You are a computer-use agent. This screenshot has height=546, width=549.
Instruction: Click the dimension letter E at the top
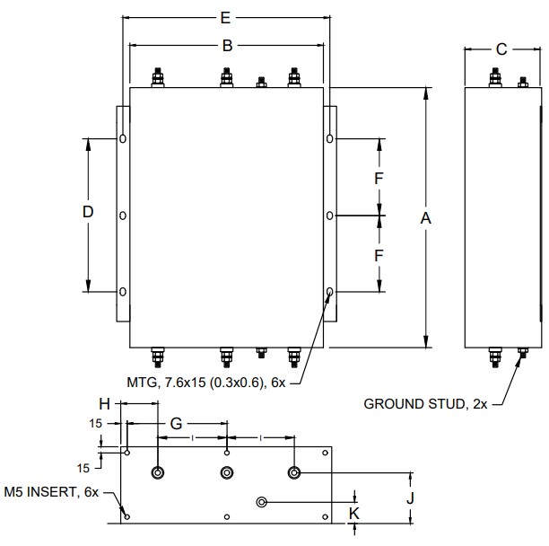[226, 17]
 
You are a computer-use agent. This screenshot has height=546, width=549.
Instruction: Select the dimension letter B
[227, 45]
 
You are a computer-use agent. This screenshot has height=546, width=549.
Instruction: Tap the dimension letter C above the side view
[501, 48]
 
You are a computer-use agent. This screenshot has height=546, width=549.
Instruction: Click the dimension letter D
[88, 212]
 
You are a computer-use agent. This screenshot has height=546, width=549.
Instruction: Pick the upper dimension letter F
[379, 178]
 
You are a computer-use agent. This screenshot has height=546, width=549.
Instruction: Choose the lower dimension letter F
[379, 255]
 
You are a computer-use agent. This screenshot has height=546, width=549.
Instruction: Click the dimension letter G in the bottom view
[176, 421]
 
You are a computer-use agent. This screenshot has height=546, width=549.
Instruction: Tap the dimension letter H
[105, 404]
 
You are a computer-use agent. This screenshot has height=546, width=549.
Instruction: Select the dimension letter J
[410, 497]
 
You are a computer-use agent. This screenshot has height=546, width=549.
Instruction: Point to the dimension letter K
[355, 513]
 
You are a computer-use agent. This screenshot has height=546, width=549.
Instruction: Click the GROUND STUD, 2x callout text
[425, 404]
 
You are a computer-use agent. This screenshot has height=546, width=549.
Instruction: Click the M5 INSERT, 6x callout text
[50, 492]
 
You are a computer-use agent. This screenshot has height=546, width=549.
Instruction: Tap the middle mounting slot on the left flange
[123, 216]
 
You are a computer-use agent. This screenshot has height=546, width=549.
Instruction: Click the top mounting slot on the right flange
[330, 139]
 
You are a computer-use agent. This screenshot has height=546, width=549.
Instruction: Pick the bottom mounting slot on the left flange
[123, 292]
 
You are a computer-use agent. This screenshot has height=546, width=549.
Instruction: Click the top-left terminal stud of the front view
[160, 78]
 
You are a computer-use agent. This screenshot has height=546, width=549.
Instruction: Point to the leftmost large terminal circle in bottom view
[159, 472]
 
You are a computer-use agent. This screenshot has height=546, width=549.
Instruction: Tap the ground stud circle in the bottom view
[262, 501]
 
